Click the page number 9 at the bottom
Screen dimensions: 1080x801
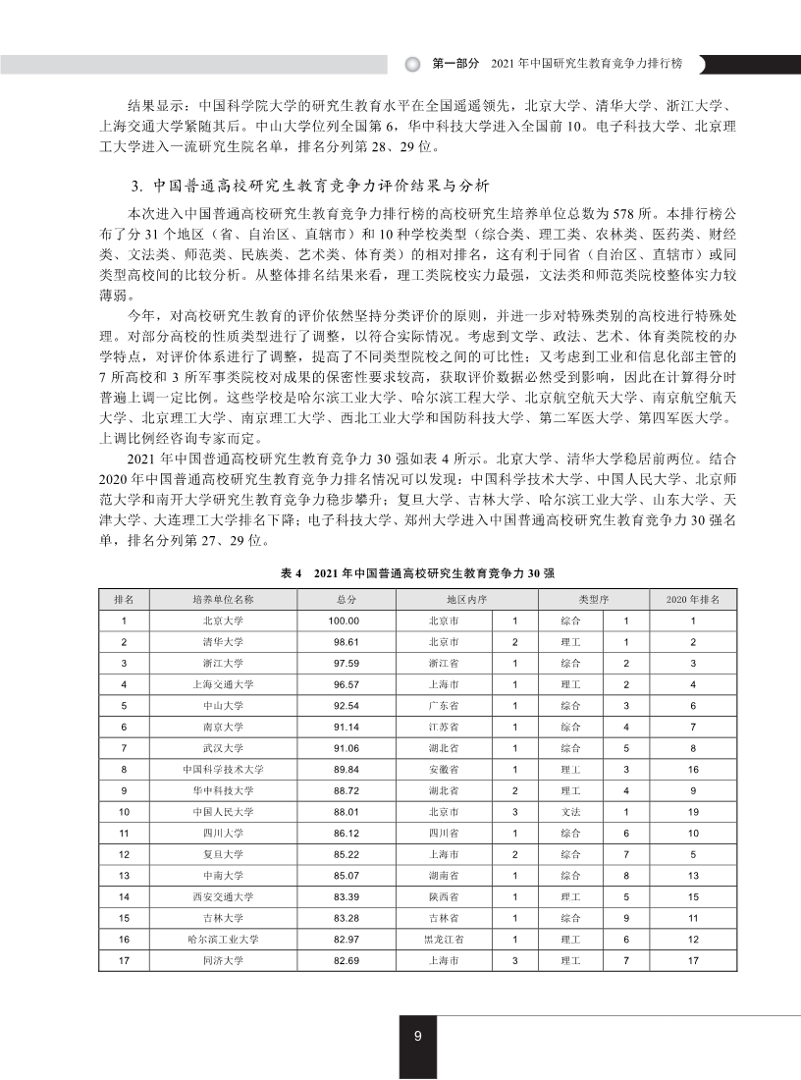pyautogui.click(x=418, y=1036)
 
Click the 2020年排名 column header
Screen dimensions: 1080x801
pyautogui.click(x=693, y=598)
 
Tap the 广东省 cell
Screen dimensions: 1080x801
pyautogui.click(x=444, y=706)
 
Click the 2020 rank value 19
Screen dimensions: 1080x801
pyautogui.click(x=693, y=812)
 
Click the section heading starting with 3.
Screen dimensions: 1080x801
pyautogui.click(x=304, y=186)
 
